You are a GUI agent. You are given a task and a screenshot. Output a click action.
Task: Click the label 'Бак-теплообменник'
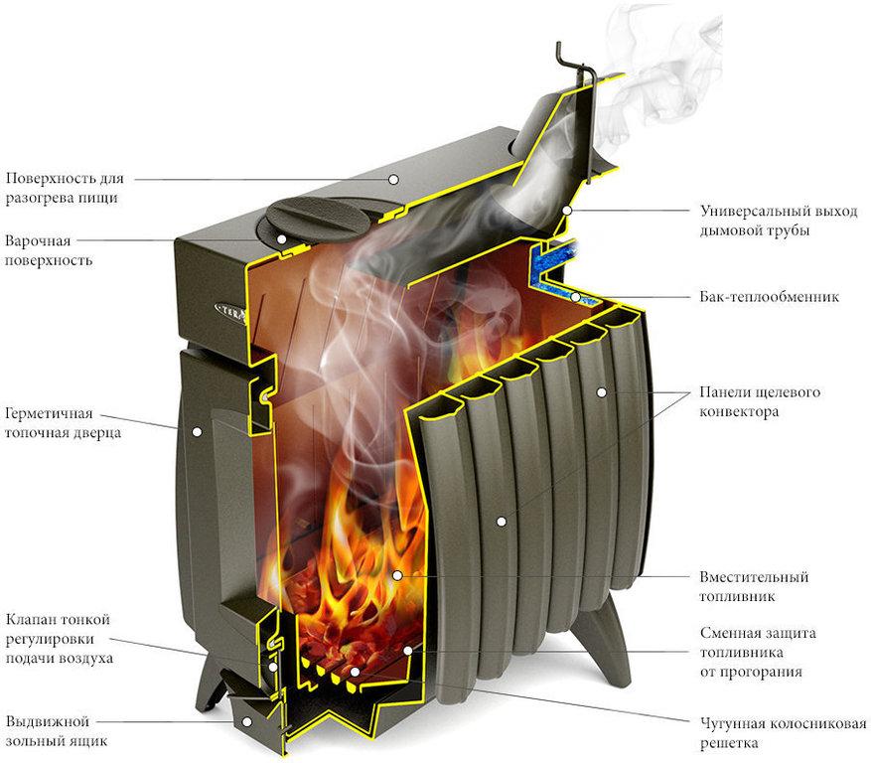pyautogui.click(x=769, y=297)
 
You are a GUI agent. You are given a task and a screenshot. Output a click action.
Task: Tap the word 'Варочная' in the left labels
pyautogui.click(x=38, y=241)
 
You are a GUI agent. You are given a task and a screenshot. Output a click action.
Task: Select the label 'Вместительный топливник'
pyautogui.click(x=753, y=586)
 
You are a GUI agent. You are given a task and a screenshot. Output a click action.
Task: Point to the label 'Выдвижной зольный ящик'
pyautogui.click(x=56, y=731)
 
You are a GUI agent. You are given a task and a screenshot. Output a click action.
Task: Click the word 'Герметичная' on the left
pyautogui.click(x=49, y=414)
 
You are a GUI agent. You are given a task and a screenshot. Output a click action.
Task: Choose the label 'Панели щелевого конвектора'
pyautogui.click(x=760, y=401)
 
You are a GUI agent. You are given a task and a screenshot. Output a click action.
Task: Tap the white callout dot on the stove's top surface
pyautogui.click(x=393, y=179)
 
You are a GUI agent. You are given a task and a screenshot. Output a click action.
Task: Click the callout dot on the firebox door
pyautogui.click(x=197, y=431)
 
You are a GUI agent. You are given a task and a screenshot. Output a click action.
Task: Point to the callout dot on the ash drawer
pyautogui.click(x=246, y=722)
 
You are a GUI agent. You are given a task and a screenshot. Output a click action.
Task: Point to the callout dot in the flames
pyautogui.click(x=397, y=575)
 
